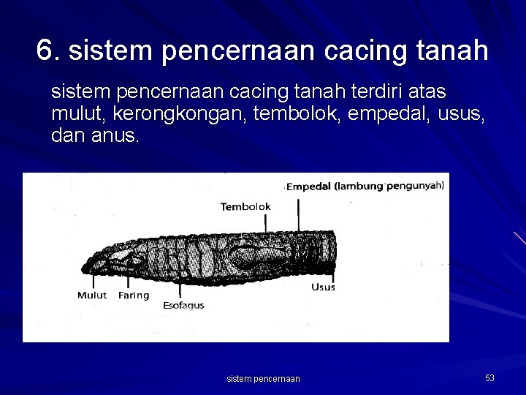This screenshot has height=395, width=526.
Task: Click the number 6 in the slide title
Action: [45, 50]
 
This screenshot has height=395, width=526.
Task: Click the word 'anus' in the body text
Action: [118, 135]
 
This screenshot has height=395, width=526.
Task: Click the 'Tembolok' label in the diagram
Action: [245, 207]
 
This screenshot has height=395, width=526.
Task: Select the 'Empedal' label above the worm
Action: [309, 187]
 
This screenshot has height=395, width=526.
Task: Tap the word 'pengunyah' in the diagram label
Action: [414, 186]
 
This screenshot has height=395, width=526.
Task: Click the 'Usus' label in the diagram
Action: [323, 287]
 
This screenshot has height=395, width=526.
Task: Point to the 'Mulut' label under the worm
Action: [92, 296]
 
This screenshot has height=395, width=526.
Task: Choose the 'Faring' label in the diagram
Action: [134, 296]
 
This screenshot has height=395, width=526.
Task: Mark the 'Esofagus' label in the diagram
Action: [183, 305]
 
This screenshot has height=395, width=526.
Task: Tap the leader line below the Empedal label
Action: [298, 212]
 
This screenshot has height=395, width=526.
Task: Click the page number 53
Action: [489, 378]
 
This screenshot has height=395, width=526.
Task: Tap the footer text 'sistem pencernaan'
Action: [263, 379]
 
